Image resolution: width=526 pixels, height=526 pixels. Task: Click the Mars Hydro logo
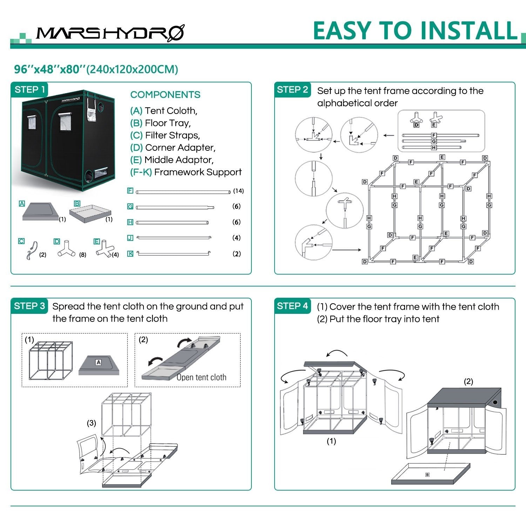(x=110, y=33)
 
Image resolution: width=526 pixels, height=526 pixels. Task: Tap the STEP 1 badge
(x=30, y=90)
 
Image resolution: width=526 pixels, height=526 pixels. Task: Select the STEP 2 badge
(x=292, y=90)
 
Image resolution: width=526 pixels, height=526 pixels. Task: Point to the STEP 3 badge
(x=29, y=306)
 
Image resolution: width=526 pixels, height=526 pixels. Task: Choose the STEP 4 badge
(x=292, y=306)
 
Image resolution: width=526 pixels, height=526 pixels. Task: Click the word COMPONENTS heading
(x=165, y=95)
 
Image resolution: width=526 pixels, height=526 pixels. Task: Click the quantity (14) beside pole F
(x=238, y=191)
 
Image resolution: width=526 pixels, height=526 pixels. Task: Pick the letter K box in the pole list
(x=130, y=254)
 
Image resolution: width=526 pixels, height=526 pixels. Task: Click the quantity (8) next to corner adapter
(x=83, y=255)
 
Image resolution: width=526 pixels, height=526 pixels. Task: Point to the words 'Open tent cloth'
(x=201, y=377)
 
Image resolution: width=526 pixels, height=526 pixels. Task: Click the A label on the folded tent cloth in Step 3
(x=98, y=362)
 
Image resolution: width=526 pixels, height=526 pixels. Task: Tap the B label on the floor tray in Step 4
(x=427, y=475)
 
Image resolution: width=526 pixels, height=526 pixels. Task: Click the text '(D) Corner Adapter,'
(x=173, y=148)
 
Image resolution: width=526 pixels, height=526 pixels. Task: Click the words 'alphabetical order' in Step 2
(x=357, y=103)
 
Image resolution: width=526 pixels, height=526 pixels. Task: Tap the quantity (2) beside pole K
(x=237, y=254)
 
